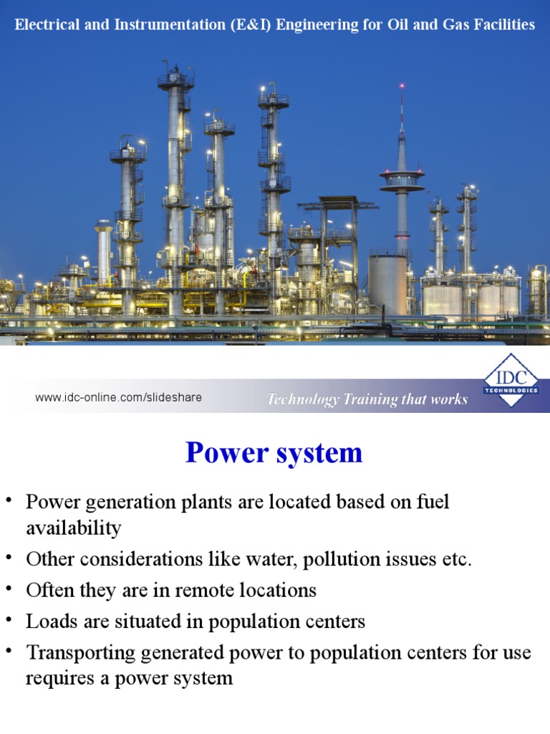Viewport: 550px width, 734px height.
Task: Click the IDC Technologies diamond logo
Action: click(511, 380)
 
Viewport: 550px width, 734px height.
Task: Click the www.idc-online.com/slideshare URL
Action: click(118, 397)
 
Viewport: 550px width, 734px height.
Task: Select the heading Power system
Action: click(274, 453)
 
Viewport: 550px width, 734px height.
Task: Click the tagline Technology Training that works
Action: click(367, 399)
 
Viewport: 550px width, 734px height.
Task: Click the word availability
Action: click(74, 528)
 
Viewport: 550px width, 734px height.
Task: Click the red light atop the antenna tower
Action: click(401, 86)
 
